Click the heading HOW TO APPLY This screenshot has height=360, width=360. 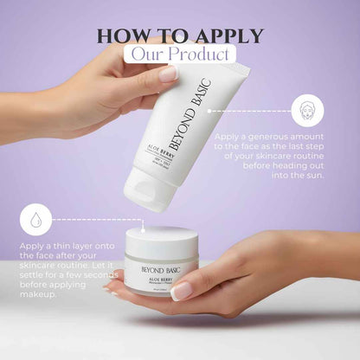coord(180,35)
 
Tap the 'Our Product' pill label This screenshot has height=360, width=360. coord(180,54)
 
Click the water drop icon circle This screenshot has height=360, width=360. coord(35,219)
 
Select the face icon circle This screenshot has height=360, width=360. coord(307,111)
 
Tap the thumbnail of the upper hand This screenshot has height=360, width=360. coord(168,74)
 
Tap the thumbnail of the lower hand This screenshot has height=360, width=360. coord(182,291)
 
